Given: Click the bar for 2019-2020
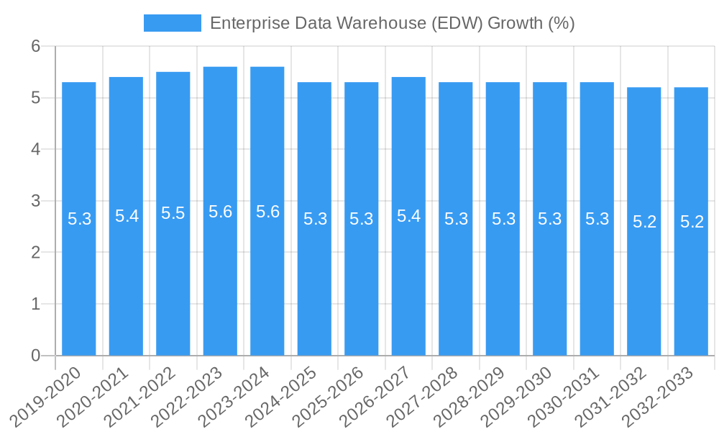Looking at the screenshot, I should pos(79,288).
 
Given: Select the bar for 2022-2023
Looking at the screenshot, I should pos(220,288).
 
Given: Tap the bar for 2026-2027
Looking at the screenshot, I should pos(408,288).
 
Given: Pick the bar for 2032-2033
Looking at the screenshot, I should pos(691,288).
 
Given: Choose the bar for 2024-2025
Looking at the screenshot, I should pos(314,288).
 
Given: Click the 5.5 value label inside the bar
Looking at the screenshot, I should pos(173,213).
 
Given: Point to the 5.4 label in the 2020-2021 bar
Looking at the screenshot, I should pos(127,216).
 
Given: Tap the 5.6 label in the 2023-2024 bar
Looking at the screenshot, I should pos(267,212).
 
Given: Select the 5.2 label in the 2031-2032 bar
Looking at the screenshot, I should pos(644,222).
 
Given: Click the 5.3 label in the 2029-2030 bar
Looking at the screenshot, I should pos(549,219).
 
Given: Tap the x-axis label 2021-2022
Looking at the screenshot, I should pos(148,395).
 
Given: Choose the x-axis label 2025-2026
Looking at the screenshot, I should pos(336,395).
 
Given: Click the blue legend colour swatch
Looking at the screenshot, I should pos(173,23).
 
